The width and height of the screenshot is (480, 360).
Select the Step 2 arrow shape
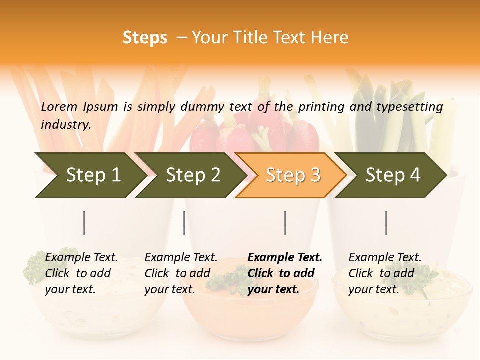point(190,175)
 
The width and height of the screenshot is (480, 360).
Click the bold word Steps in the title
point(145,38)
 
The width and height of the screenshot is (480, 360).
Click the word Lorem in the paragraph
point(59,106)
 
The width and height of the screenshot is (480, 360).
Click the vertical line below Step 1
point(84,223)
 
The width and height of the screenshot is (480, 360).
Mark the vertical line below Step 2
point(184,223)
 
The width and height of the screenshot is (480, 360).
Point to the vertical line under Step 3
point(285,223)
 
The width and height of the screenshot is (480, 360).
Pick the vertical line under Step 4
point(386,223)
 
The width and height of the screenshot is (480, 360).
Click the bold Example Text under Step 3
point(285,258)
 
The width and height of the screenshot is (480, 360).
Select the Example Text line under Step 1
point(81,258)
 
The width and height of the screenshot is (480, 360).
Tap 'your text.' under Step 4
point(373,289)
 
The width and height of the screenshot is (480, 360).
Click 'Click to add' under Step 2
point(177,273)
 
